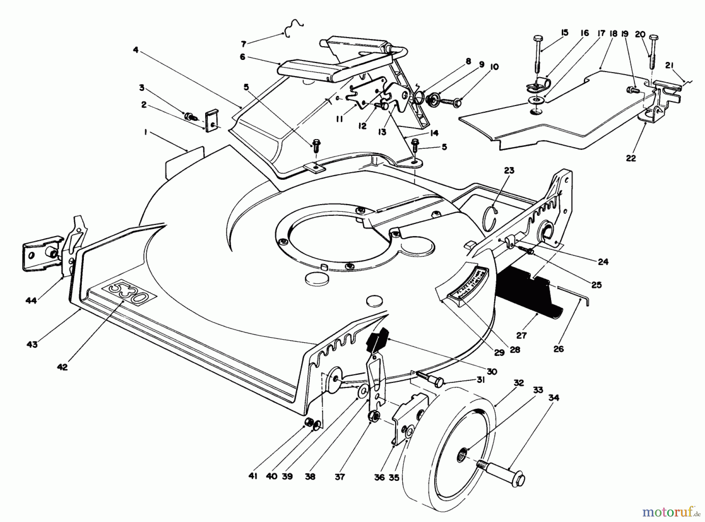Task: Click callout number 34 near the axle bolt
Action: point(553,398)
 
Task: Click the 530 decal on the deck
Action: point(129,293)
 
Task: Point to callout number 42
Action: point(62,367)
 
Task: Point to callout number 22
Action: point(631,158)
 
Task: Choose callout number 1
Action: point(145,133)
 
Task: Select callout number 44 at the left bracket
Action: point(31,300)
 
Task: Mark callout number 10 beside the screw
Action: point(494,67)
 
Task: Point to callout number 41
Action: point(253,477)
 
